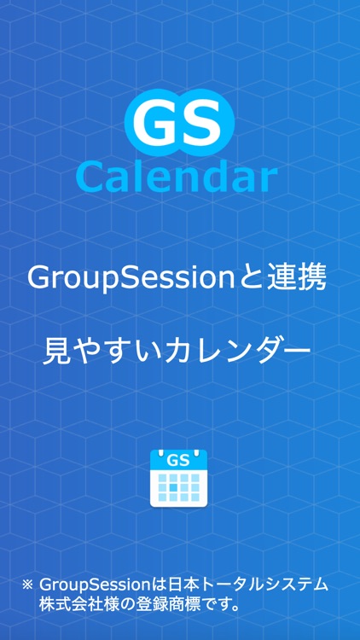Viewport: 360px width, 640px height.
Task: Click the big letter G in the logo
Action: point(153,125)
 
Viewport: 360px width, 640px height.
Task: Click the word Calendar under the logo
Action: point(177,177)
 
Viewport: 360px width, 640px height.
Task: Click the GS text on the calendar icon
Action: point(177,461)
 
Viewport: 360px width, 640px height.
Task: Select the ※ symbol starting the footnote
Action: point(27,585)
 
